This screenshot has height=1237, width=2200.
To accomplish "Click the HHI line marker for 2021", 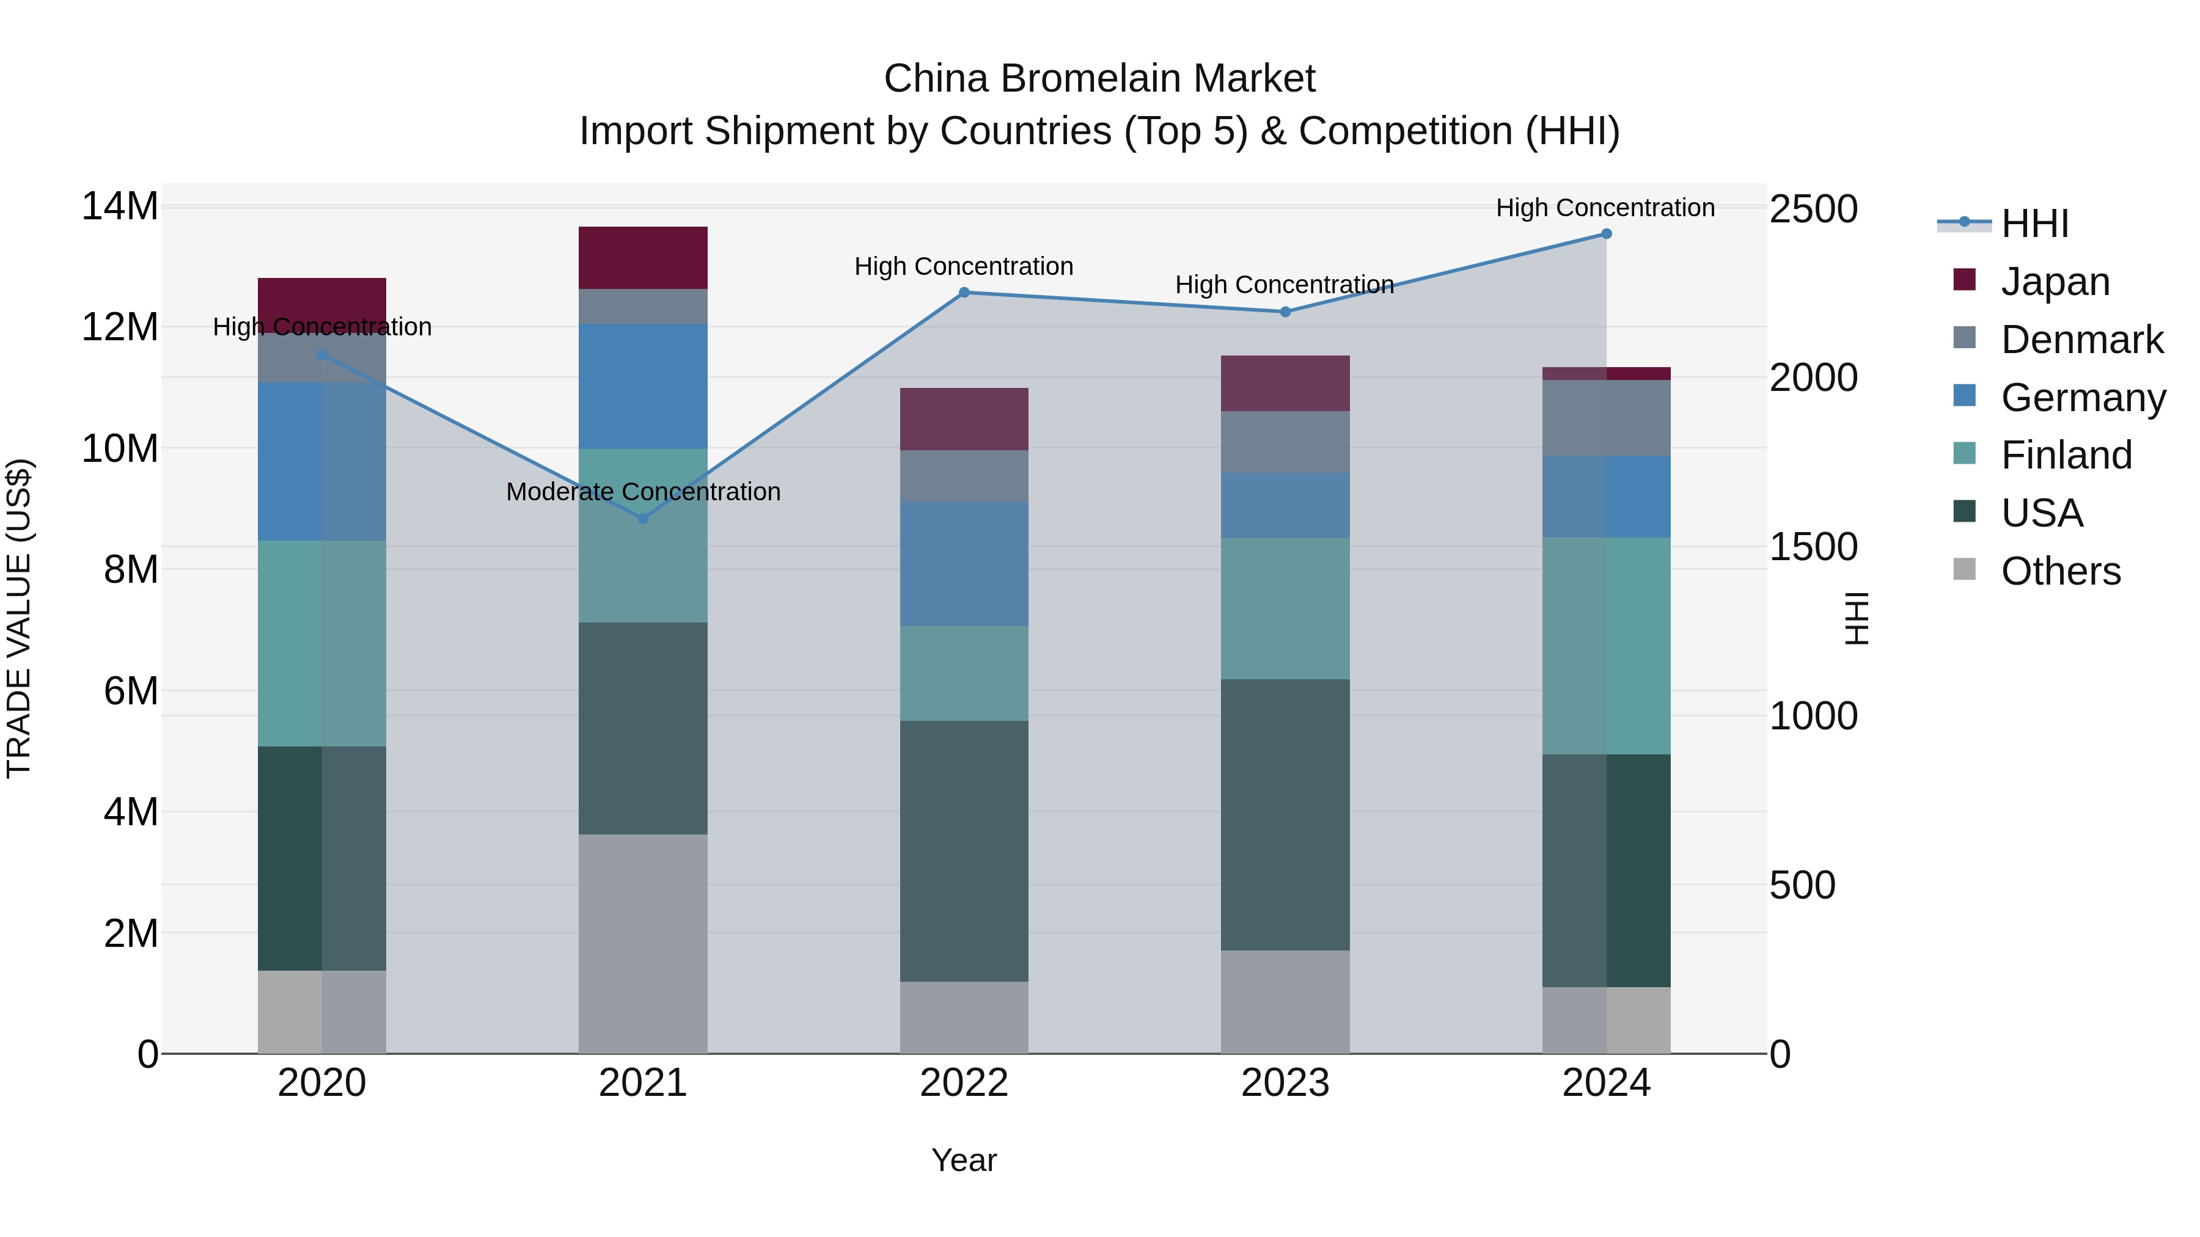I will coord(643,518).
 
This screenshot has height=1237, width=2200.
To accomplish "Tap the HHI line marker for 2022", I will coord(964,292).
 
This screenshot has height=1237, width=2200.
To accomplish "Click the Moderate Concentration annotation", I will coord(643,492).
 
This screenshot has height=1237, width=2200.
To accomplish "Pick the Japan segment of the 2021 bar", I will coord(643,258).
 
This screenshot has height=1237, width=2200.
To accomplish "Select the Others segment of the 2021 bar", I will coord(643,943).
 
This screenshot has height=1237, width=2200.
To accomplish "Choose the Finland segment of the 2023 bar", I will coord(1285,608).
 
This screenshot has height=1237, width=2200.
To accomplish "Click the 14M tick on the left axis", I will coord(120,206).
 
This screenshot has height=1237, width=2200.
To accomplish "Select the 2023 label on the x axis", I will coord(1285,1083).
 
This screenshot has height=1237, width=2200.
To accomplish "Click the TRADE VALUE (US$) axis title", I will coord(19,618).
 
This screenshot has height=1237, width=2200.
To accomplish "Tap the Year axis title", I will coord(964,1160).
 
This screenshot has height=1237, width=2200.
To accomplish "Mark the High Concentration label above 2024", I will coord(1605,208).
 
